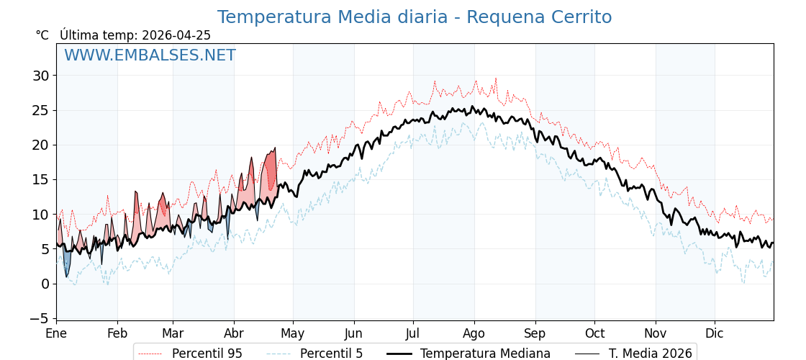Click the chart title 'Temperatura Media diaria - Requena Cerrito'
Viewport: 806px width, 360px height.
414,17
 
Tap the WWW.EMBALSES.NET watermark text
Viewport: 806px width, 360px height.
150,55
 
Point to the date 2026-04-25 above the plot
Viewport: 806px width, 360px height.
176,35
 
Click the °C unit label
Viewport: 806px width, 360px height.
42,35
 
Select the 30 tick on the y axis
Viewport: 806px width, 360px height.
40,76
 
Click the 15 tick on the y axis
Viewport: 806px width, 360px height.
40,179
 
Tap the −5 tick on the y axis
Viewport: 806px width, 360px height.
40,318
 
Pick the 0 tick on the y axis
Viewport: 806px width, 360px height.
45,284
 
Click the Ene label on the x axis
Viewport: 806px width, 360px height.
56,333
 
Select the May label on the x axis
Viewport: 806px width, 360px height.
293,333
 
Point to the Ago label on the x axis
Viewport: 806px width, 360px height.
474,333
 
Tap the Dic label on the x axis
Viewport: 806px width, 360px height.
715,333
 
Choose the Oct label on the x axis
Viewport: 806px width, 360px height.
594,333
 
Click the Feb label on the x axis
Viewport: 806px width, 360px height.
117,333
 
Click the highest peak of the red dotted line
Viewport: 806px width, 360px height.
496,78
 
